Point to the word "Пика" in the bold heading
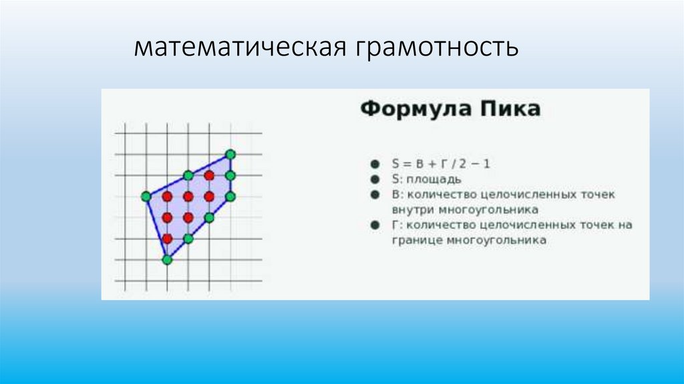(514, 110)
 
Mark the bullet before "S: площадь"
(374, 179)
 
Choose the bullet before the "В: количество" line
(374, 195)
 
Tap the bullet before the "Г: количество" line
(374, 225)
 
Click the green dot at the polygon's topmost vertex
(230, 155)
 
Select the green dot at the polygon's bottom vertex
(167, 260)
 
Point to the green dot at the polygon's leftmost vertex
(146, 197)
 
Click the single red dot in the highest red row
(209, 175)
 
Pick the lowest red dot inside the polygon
(167, 238)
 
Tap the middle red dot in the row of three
(188, 197)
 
